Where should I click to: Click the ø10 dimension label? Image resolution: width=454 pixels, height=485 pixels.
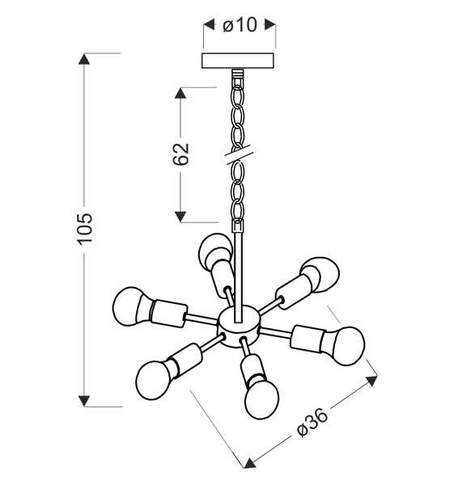239,25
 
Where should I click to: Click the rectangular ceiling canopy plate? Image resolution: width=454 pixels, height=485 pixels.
239,61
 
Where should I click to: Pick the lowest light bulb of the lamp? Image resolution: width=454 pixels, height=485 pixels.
261,398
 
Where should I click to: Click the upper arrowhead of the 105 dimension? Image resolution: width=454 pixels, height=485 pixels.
85,59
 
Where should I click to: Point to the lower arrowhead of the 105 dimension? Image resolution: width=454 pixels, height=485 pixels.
85,400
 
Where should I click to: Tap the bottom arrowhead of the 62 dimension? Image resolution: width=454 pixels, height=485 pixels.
180,216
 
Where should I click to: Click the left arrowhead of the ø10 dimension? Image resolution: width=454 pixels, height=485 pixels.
207,25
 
